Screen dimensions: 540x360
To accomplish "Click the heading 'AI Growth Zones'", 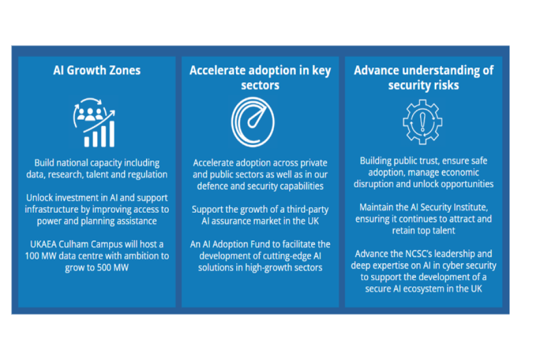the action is coord(97,70).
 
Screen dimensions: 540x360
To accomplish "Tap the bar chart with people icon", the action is coord(94,122).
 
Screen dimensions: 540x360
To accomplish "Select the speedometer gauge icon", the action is coord(253,122).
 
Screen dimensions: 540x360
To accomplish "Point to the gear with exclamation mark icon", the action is coord(422,122).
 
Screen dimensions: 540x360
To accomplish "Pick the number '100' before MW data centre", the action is coord(32,256).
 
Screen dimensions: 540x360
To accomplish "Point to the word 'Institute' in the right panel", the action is coord(470,208).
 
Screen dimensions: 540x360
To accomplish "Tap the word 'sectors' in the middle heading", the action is coord(260,85).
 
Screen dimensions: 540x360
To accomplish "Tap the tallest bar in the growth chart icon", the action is coord(111,134).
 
